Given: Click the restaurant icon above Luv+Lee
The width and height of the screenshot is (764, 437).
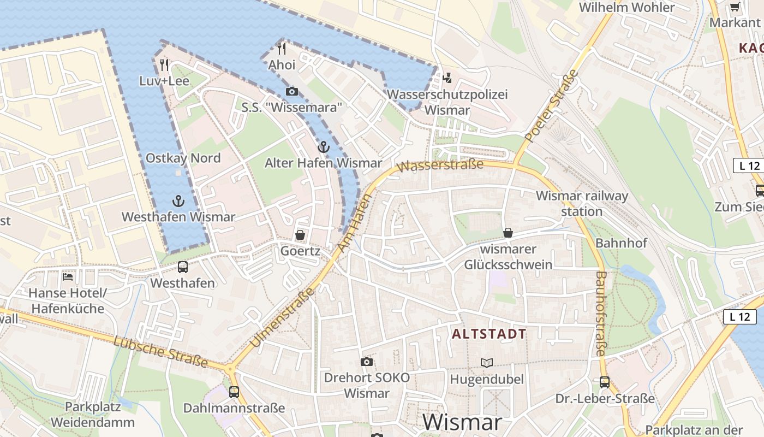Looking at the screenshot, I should click(x=164, y=65).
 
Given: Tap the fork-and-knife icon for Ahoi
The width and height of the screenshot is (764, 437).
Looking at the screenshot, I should click(x=282, y=49).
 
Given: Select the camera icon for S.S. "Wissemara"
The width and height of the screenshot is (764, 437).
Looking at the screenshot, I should click(x=292, y=91).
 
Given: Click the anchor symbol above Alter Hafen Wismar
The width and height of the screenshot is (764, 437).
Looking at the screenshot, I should click(x=324, y=147).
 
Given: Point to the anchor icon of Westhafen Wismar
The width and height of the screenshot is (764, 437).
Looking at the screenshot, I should click(x=178, y=201).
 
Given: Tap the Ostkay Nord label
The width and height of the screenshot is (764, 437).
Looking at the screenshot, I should click(x=183, y=158).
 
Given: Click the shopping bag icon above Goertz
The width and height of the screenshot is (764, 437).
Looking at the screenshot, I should click(x=300, y=235).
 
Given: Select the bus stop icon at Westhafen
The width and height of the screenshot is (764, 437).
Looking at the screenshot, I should click(x=183, y=267).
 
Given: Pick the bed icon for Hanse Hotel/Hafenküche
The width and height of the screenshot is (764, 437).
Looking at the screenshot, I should click(x=68, y=277).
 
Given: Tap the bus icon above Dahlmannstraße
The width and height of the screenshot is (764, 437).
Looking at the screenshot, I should click(x=234, y=392).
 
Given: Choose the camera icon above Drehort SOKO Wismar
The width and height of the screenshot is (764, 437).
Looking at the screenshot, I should click(x=367, y=362).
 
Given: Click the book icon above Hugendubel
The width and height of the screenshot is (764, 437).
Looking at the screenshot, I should click(x=486, y=363).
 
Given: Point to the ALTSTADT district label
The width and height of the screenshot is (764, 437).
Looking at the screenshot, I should click(x=489, y=334).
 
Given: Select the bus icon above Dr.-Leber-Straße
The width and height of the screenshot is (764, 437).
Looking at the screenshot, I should click(x=605, y=382).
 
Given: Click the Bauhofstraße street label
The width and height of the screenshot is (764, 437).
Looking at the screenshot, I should click(x=600, y=314).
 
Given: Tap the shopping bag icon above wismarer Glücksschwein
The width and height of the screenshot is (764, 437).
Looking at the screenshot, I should click(x=508, y=233).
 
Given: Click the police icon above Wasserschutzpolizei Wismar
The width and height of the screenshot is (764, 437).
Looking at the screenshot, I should click(x=447, y=78).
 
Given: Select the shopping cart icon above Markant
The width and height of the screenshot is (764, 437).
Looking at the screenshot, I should click(x=735, y=7).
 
